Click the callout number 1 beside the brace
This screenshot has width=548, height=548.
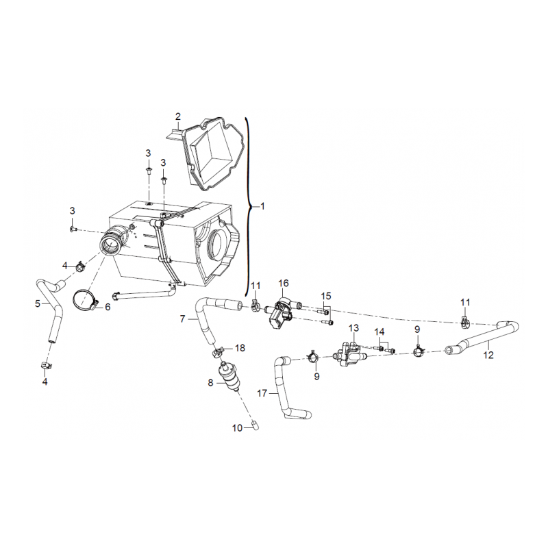point(263,207)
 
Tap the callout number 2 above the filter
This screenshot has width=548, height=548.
point(178,116)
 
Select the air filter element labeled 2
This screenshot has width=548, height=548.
point(210,153)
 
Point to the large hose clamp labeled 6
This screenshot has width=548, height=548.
point(85,300)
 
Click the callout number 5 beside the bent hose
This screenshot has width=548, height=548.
point(38,303)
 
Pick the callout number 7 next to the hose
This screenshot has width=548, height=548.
point(182,319)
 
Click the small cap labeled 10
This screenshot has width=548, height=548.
point(256,425)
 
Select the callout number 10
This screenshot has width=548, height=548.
point(237,427)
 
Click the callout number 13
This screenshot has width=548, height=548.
point(353,328)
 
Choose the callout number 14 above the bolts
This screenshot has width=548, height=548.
point(379,332)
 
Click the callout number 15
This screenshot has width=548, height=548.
point(326,296)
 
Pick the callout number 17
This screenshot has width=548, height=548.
point(262,393)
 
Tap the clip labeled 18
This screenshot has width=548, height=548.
point(218,351)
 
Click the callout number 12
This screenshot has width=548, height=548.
point(488,355)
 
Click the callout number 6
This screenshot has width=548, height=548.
point(108,307)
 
